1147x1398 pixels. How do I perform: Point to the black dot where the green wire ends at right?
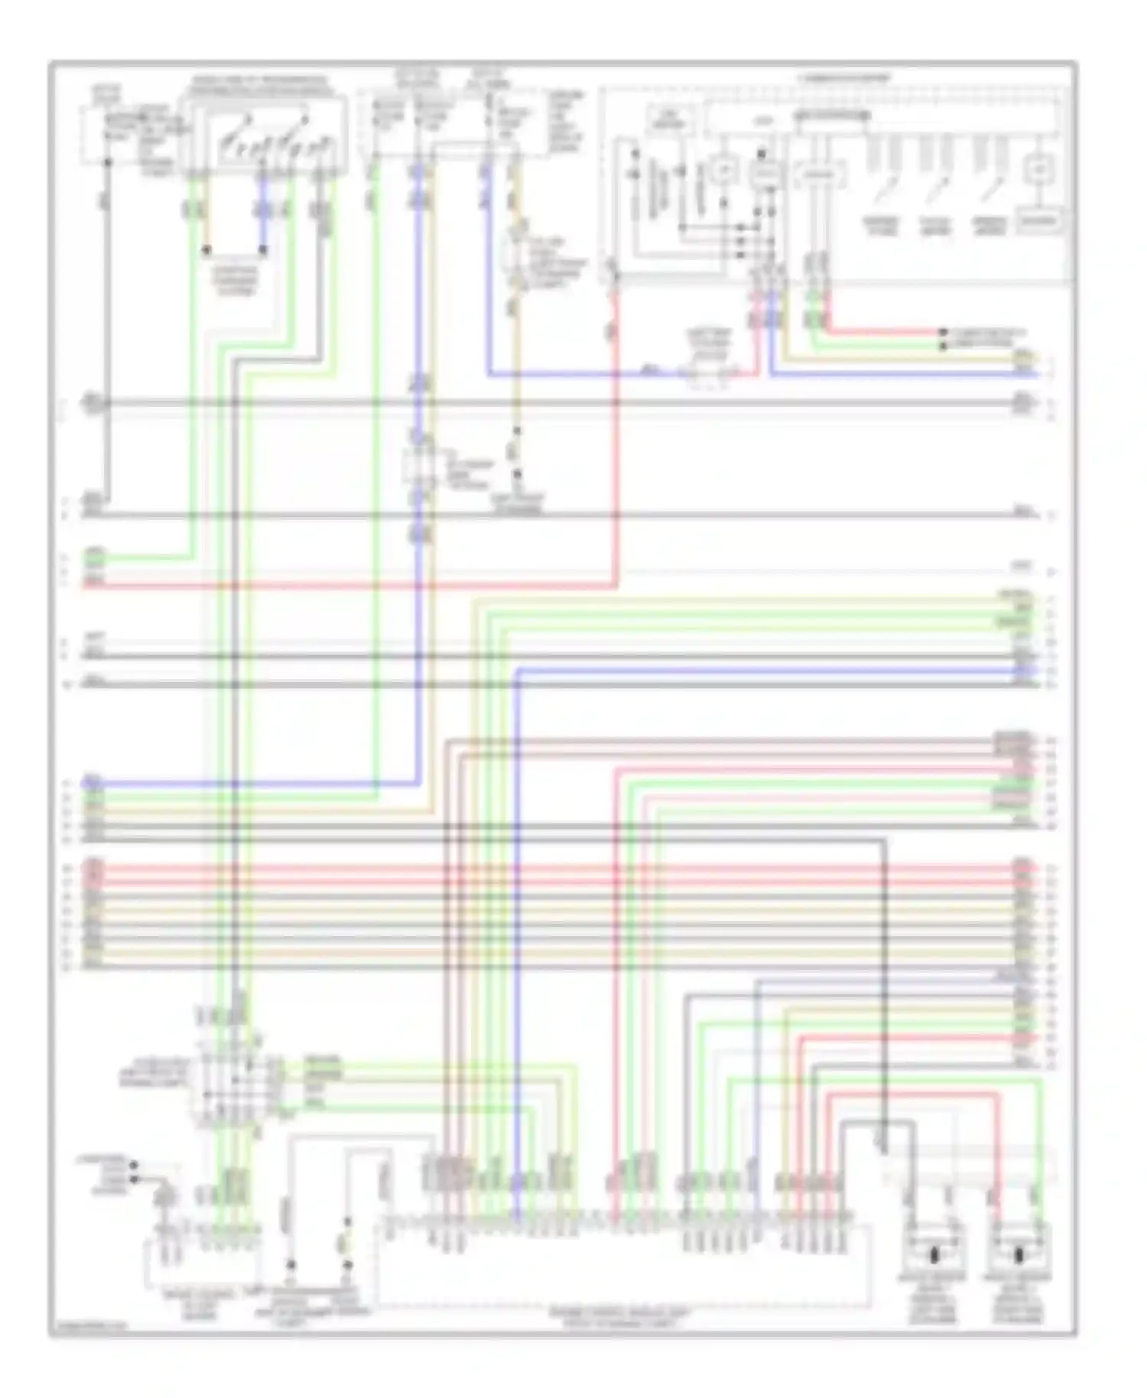[x=944, y=346]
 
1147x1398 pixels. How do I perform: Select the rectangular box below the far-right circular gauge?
[x=1037, y=222]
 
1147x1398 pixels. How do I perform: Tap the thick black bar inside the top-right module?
[x=832, y=116]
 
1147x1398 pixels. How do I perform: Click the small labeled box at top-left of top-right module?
[x=671, y=119]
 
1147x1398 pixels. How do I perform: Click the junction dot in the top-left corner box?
[x=108, y=162]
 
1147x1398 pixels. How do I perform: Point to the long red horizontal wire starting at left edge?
[x=344, y=586]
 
